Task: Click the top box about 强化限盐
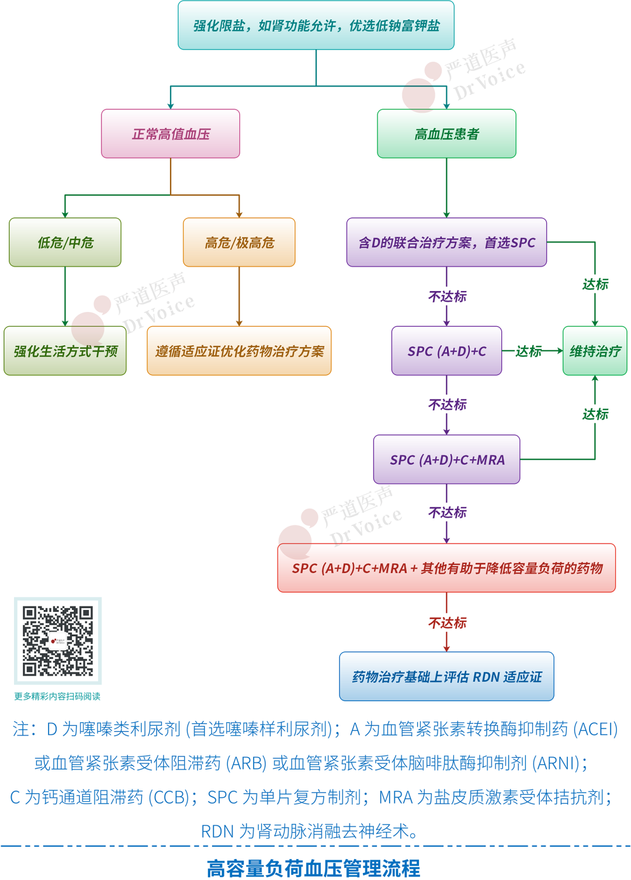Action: click(316, 26)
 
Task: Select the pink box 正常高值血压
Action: click(171, 134)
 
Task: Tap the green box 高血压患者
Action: click(446, 134)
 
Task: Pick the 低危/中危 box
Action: click(65, 242)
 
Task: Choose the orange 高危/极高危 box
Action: click(239, 242)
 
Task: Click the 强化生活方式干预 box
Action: click(65, 351)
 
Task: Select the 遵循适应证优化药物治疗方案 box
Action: click(239, 351)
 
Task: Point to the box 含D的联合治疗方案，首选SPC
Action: click(446, 242)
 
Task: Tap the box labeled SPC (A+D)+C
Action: click(446, 351)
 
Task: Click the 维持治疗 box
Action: click(595, 351)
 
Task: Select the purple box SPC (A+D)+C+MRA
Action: click(446, 460)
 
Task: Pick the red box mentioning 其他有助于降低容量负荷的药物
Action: click(446, 568)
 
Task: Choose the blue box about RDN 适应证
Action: click(446, 677)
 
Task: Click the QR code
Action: click(58, 641)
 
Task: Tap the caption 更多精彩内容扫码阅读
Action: click(57, 697)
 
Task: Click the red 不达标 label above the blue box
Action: click(447, 623)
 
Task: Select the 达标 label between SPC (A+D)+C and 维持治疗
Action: click(528, 351)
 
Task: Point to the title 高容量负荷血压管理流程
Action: click(314, 868)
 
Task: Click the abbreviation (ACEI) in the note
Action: click(595, 729)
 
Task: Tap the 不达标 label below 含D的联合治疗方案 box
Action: click(447, 297)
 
